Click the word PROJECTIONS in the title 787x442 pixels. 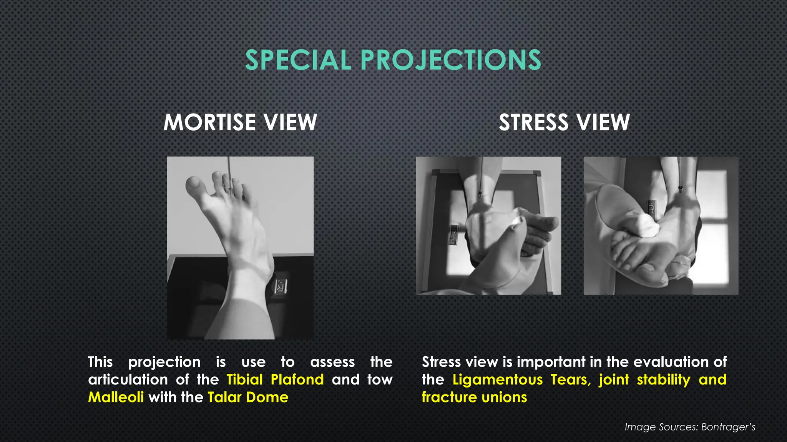point(450,60)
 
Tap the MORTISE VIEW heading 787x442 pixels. point(240,122)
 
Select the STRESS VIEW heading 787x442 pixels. point(564,122)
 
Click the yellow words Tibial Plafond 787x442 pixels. point(275,379)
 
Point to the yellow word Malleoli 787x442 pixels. point(116,397)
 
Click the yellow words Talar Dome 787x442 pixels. point(248,397)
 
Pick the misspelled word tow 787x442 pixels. point(380,379)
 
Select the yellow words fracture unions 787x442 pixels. point(474,397)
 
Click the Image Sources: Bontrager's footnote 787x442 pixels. point(690,427)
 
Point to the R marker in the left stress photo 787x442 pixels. point(454,234)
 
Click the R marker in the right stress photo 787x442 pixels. point(652,208)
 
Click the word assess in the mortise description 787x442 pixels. point(332,362)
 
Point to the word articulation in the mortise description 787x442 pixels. point(128,379)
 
